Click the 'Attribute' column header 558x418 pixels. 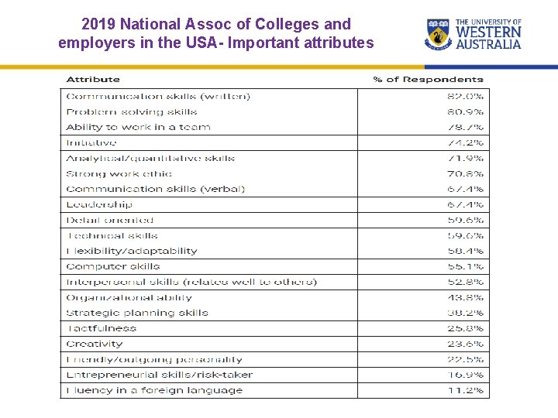pyautogui.click(x=93, y=79)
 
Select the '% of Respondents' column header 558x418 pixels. pyautogui.click(x=428, y=79)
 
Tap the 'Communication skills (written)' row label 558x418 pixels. pyautogui.click(x=158, y=97)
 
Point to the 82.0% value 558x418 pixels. pyautogui.click(x=465, y=97)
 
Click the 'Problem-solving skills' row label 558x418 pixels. pyautogui.click(x=132, y=112)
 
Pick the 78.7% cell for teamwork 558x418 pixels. pyautogui.click(x=465, y=128)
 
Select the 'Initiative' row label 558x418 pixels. pyautogui.click(x=91, y=143)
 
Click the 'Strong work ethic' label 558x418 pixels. pyautogui.click(x=119, y=174)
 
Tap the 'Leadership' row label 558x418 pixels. pyautogui.click(x=99, y=205)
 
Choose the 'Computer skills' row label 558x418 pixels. pyautogui.click(x=113, y=267)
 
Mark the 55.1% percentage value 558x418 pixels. pyautogui.click(x=465, y=267)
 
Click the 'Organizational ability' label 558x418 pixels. pyautogui.click(x=129, y=298)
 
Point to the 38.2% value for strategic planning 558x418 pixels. pyautogui.click(x=465, y=313)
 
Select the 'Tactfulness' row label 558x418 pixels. pyautogui.click(x=102, y=329)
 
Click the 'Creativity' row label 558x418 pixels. pyautogui.click(x=95, y=344)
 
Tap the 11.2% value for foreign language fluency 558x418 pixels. pyautogui.click(x=465, y=391)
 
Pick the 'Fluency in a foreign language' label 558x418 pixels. pyautogui.click(x=154, y=391)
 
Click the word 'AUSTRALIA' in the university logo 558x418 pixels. pyautogui.click(x=488, y=45)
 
